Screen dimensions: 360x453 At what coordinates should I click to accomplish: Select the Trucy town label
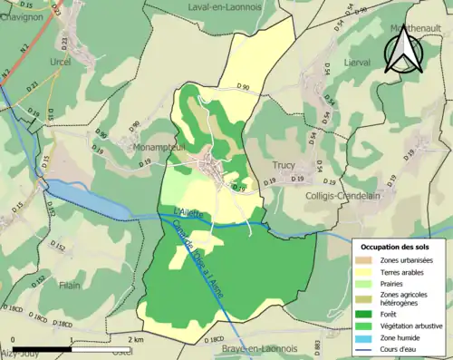click(284, 166)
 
